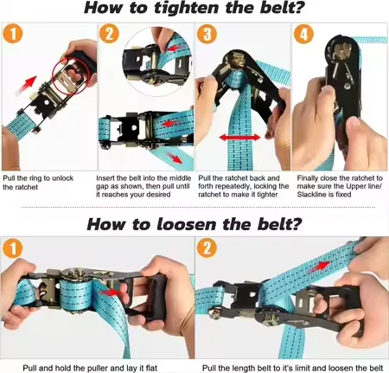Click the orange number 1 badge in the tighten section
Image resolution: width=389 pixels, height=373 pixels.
(x=12, y=35)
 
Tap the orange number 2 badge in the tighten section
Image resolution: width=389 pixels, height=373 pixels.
(x=109, y=35)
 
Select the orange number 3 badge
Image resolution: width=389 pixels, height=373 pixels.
(x=207, y=34)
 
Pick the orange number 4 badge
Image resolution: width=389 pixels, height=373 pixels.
(x=303, y=34)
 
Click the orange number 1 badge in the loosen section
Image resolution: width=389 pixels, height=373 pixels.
(x=12, y=248)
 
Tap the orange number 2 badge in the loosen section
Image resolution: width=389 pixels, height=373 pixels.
(x=207, y=248)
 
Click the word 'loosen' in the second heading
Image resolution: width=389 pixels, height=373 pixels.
(x=188, y=224)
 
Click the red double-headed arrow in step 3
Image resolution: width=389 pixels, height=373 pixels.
(x=239, y=138)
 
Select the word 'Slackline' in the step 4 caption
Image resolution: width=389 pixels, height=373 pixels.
(x=310, y=195)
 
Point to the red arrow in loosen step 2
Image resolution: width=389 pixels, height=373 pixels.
(x=320, y=267)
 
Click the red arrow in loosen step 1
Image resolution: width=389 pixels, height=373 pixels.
(x=112, y=293)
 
